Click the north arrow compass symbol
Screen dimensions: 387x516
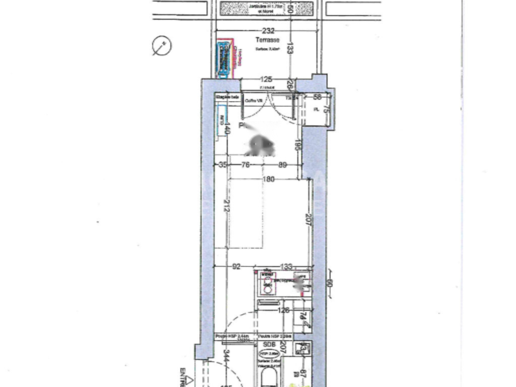pos(162,46)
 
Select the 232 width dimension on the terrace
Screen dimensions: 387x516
pos(269,31)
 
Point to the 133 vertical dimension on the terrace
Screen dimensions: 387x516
pos(290,48)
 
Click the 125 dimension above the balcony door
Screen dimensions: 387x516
pos(266,79)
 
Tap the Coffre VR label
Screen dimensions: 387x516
pos(254,101)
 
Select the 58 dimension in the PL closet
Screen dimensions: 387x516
pos(317,97)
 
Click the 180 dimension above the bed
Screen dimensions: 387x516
pos(268,179)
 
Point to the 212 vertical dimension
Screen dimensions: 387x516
pos(227,206)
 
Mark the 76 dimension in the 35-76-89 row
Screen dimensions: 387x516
pos(245,164)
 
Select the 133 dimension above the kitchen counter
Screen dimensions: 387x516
pos(285,267)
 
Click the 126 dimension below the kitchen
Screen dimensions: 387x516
pos(284,310)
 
